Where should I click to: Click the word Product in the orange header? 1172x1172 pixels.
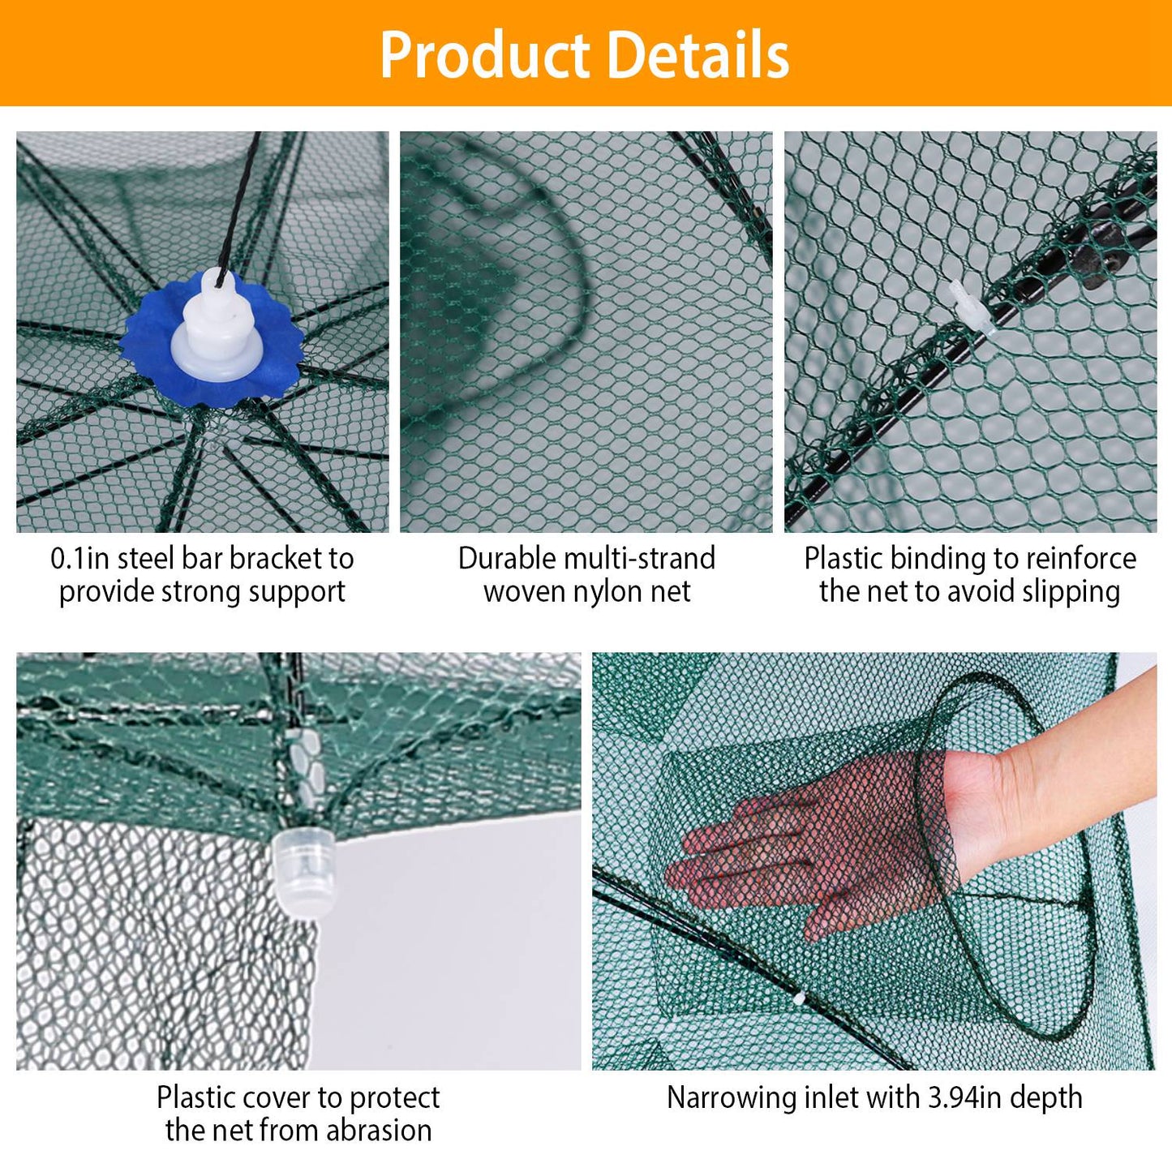tap(485, 55)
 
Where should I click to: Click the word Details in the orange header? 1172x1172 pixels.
tap(698, 55)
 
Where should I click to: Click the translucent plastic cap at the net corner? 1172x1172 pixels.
tap(304, 872)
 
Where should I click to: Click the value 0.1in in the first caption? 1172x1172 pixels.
tap(79, 559)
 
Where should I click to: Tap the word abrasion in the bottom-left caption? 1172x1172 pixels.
tap(379, 1131)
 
